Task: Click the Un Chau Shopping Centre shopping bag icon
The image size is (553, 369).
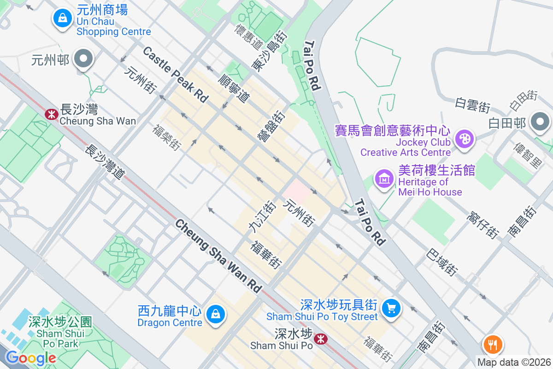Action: tap(61, 19)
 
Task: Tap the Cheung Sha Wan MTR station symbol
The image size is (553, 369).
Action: tap(52, 113)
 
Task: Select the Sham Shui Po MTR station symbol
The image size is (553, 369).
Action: tap(320, 340)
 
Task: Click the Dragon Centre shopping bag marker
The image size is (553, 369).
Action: tap(214, 315)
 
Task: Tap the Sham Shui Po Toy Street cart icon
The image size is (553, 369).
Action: tap(391, 308)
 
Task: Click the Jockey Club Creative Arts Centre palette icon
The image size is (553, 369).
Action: tap(464, 139)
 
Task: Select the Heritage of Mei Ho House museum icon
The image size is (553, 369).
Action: tap(384, 178)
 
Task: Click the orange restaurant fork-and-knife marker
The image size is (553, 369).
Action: tap(492, 344)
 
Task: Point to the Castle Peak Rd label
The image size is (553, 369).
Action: tap(175, 74)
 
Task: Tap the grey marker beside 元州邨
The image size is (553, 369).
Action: tap(84, 59)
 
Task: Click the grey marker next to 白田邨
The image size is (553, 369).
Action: tap(540, 122)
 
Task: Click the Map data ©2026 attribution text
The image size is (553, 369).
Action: tap(513, 363)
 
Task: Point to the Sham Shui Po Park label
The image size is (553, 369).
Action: tap(60, 333)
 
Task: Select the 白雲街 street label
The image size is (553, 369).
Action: tap(472, 105)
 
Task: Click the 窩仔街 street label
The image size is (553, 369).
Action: tap(483, 225)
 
